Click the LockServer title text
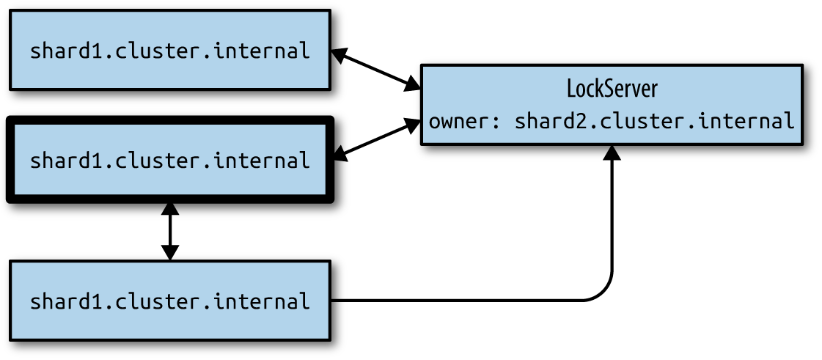click(x=612, y=89)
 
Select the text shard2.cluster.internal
click(x=654, y=122)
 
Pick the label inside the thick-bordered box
click(x=170, y=160)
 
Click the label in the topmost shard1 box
click(x=170, y=51)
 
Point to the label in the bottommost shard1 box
click(x=170, y=302)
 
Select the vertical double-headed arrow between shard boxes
click(x=169, y=231)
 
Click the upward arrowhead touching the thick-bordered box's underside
click(x=169, y=210)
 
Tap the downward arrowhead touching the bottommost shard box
click(x=169, y=252)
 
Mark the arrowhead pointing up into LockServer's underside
click(x=612, y=153)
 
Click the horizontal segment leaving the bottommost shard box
click(x=457, y=301)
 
